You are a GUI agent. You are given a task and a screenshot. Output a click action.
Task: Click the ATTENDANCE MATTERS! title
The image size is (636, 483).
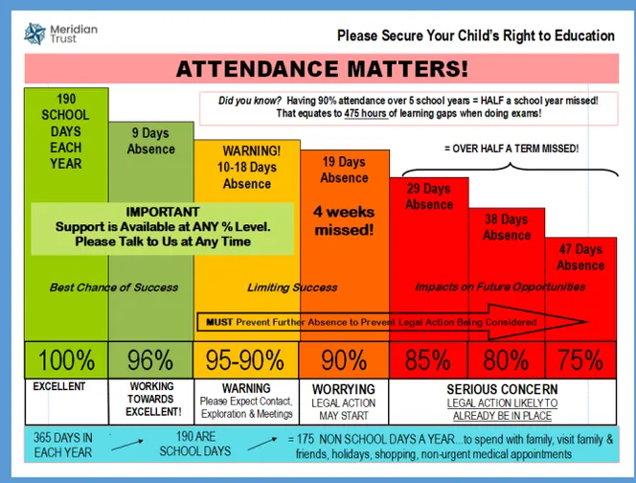pyautogui.click(x=322, y=68)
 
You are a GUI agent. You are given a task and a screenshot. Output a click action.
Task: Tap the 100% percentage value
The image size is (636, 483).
pyautogui.click(x=66, y=360)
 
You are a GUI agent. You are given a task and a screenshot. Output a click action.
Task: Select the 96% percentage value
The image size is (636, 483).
pyautogui.click(x=150, y=360)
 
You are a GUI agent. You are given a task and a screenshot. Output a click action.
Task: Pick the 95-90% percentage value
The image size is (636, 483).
pyautogui.click(x=246, y=360)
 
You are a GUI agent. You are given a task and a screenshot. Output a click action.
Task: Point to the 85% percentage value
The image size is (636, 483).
pyautogui.click(x=427, y=360)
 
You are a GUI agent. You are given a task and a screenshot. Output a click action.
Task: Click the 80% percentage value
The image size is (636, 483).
pyautogui.click(x=506, y=360)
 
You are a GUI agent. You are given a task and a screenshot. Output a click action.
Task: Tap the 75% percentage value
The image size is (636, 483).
pyautogui.click(x=579, y=360)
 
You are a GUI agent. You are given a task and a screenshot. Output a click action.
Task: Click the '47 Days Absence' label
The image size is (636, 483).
pyautogui.click(x=580, y=258)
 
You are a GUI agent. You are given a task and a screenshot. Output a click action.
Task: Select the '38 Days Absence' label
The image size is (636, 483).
pyautogui.click(x=506, y=227)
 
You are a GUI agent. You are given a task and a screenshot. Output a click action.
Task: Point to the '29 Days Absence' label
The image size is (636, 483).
pyautogui.click(x=428, y=196)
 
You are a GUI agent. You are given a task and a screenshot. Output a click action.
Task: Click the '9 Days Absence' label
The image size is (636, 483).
pyautogui.click(x=150, y=142)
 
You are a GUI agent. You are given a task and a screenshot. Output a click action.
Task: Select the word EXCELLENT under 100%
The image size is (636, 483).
pyautogui.click(x=59, y=387)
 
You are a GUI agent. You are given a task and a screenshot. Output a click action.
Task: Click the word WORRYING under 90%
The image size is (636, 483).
pyautogui.click(x=344, y=388)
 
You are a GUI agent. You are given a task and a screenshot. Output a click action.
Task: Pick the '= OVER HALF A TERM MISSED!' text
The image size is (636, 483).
pyautogui.click(x=511, y=149)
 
